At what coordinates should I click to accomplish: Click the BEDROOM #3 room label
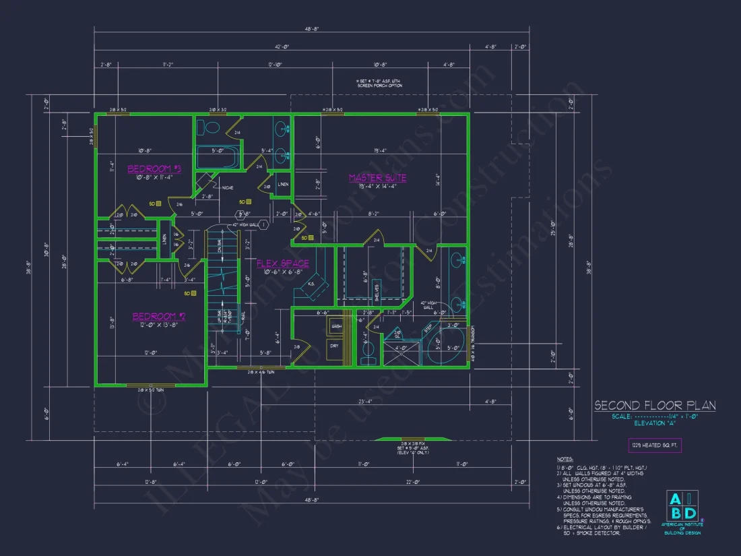[155, 168]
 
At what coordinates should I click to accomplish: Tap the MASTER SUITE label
[377, 178]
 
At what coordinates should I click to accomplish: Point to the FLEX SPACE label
[282, 263]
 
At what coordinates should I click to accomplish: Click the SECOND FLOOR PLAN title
[654, 406]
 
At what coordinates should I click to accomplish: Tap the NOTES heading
[566, 458]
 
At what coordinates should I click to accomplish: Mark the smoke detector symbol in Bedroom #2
[193, 293]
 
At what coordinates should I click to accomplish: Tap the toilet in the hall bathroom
[212, 127]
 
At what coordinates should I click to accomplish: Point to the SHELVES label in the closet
[377, 291]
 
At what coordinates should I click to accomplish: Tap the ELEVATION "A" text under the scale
[654, 424]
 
